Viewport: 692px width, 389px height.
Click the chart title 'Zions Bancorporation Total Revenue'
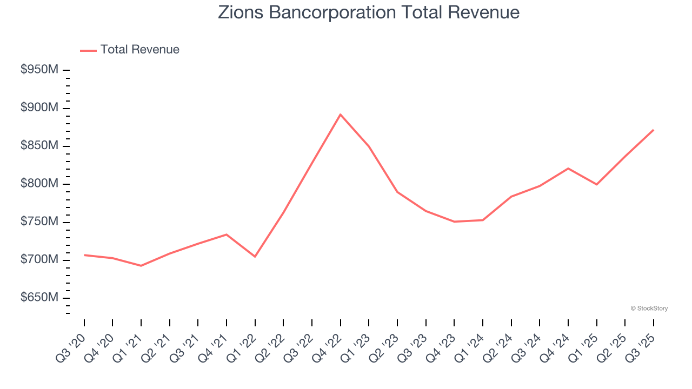(x=369, y=13)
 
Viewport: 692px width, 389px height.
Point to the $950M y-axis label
(x=39, y=70)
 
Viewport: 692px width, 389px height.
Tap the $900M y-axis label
(x=39, y=108)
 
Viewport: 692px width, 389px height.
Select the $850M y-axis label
(x=39, y=146)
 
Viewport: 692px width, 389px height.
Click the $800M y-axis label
(x=39, y=184)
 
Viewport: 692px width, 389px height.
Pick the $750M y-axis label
(x=39, y=222)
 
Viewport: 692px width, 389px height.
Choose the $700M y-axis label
(x=39, y=260)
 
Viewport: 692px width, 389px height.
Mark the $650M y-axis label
(x=39, y=298)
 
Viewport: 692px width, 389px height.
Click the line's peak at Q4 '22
(x=340, y=115)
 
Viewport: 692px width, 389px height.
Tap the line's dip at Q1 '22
(x=255, y=257)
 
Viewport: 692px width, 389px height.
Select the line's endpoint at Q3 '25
(x=653, y=130)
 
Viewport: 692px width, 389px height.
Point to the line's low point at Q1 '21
(x=141, y=266)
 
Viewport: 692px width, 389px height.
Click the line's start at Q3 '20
(x=84, y=255)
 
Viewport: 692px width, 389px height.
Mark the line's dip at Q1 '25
(x=596, y=184)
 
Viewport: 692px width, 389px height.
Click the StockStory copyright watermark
(x=649, y=308)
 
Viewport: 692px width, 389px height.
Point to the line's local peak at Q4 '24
(x=568, y=168)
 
